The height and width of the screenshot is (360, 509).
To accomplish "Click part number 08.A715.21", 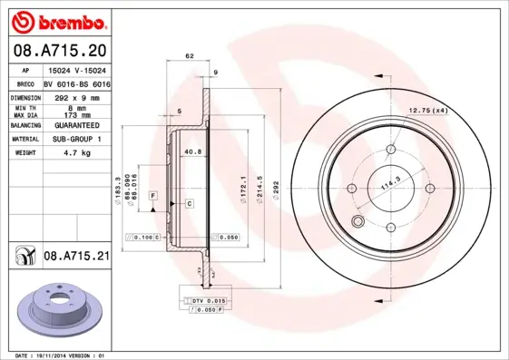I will (75, 258).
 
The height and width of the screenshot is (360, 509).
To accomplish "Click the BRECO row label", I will (24, 82).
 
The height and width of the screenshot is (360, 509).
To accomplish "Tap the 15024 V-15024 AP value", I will (74, 69).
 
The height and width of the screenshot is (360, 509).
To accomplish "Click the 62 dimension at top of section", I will (190, 57).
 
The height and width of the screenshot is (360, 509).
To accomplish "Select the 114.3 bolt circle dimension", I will (390, 186).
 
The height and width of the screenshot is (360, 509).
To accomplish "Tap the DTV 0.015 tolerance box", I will (208, 299).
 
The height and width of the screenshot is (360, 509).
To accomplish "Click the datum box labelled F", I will (153, 196).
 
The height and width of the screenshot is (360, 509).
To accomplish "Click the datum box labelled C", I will (189, 204).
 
